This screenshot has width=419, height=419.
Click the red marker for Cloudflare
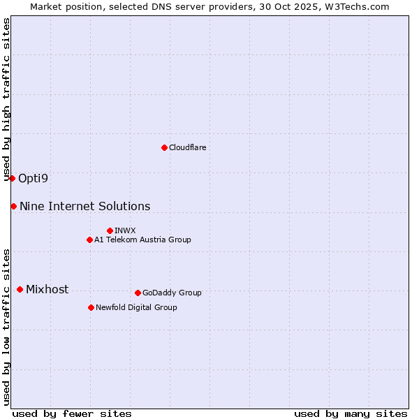tap(164, 147)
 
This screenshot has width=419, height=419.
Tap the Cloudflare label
tap(187, 147)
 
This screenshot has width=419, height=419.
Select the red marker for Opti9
tap(12, 178)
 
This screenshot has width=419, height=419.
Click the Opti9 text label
tap(34, 178)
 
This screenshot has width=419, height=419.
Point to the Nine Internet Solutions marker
tap(13, 206)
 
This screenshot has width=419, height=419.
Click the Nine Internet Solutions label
tap(84, 206)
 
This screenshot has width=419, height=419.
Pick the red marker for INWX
tap(110, 230)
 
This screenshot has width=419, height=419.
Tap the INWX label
tap(125, 230)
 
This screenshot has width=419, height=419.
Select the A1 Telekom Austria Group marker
tap(89, 240)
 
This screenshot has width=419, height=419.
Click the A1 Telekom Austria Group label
tap(142, 240)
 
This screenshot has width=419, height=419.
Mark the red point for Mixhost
tap(20, 289)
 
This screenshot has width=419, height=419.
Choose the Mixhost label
tap(47, 289)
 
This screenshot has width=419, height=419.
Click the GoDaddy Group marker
tap(138, 293)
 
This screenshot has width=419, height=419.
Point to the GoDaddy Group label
tap(172, 293)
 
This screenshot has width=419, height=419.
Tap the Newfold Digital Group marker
tap(91, 307)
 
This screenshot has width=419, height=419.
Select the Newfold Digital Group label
tap(136, 307)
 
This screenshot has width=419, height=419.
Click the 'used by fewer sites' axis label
tap(72, 413)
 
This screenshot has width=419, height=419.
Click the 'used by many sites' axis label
tap(351, 413)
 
